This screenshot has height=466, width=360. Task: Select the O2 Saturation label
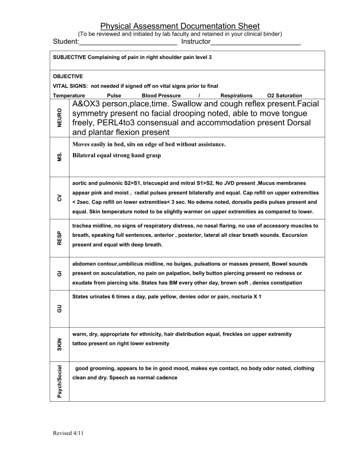point(284,96)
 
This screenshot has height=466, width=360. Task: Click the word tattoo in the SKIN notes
point(82,343)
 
